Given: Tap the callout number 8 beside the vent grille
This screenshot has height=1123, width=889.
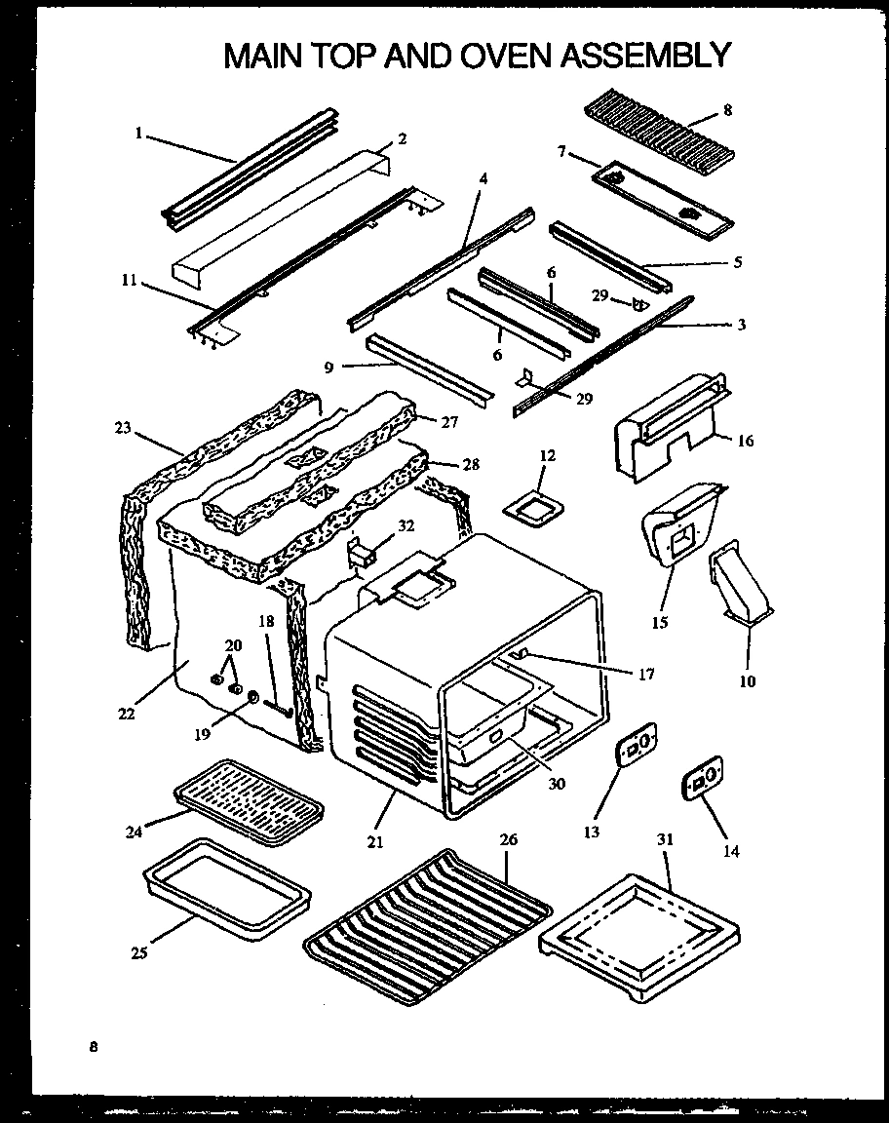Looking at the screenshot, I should coord(728,110).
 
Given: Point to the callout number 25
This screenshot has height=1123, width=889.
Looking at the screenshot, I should coord(139,952).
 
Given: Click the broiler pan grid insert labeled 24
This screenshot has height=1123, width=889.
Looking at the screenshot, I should coord(248,799).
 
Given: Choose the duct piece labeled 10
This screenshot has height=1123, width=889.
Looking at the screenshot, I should coord(742,586).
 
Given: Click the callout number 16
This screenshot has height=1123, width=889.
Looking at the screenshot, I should coord(746,441).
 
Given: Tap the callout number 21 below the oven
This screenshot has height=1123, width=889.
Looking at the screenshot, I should coord(375,841).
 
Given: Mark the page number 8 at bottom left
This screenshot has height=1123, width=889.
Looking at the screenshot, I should coord(94,1048).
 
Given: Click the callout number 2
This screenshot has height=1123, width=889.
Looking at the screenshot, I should coord(402,138).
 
